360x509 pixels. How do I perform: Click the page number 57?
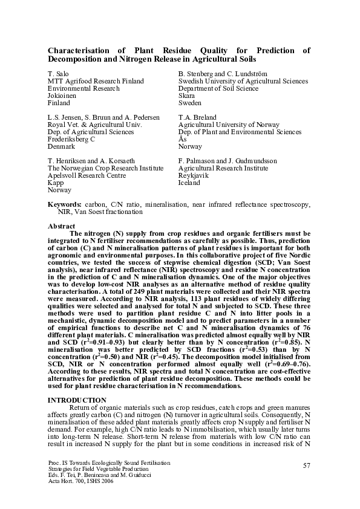pos(306,464)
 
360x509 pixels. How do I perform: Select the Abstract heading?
pos(61,225)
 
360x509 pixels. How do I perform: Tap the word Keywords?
pos(65,205)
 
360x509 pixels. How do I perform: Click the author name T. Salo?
pos(57,74)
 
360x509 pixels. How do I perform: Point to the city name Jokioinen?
pos(62,96)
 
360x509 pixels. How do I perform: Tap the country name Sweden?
pos(189,103)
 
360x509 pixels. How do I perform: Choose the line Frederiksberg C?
pos(71,139)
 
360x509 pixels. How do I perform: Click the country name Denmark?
pos(61,146)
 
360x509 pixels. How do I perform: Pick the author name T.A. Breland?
pos(197,117)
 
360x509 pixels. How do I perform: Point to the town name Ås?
pos(182,139)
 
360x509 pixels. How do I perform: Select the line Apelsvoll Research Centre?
pos(87,175)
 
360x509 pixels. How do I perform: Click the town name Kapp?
pos(55,183)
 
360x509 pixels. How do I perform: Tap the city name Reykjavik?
pos(193,175)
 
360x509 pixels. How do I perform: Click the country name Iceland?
pos(189,183)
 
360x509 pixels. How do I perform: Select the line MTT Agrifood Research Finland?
pos(90,81)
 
